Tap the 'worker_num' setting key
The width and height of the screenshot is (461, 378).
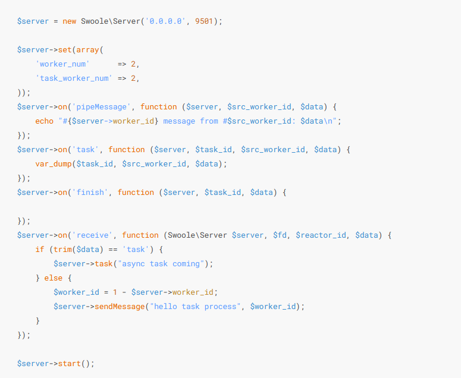(62, 64)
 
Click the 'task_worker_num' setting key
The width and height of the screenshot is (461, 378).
(74, 78)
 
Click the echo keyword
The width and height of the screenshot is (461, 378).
(45, 121)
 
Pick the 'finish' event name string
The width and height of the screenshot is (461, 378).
(92, 192)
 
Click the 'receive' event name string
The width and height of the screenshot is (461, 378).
(95, 235)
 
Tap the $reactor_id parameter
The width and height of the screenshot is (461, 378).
(321, 235)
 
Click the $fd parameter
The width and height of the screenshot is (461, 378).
(280, 235)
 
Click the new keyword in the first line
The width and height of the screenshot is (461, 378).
(69, 21)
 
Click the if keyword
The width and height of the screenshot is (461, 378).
(40, 249)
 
